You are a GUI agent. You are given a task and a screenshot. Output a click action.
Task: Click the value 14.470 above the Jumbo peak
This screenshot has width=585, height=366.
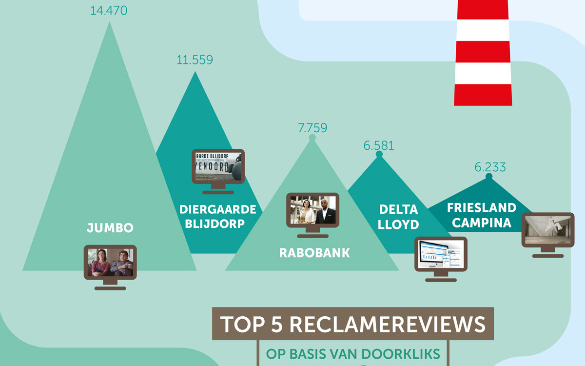[x=109, y=10]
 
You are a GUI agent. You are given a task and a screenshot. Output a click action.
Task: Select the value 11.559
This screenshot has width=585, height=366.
[x=195, y=60]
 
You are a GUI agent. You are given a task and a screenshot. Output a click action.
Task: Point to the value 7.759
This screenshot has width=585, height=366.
[x=312, y=128]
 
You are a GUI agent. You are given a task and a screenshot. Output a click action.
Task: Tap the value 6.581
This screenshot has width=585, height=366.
[x=379, y=145]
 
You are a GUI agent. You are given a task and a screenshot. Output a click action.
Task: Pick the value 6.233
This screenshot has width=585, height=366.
[x=490, y=167]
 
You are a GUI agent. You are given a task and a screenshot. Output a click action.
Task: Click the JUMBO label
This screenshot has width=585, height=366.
[x=110, y=228]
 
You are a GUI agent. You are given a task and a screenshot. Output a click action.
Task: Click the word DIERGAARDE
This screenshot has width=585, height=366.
[x=218, y=209]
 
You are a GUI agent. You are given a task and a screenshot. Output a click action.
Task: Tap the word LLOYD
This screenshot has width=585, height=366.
[x=398, y=224]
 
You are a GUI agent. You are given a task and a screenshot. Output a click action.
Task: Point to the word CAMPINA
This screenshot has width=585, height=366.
[x=481, y=223]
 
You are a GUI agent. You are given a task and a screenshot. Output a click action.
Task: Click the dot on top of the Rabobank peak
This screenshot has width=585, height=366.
[x=312, y=138]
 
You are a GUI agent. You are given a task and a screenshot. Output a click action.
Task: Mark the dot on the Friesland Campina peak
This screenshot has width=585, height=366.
[x=489, y=176]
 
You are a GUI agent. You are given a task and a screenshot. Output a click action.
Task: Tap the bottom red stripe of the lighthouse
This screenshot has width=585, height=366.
[x=483, y=95]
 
